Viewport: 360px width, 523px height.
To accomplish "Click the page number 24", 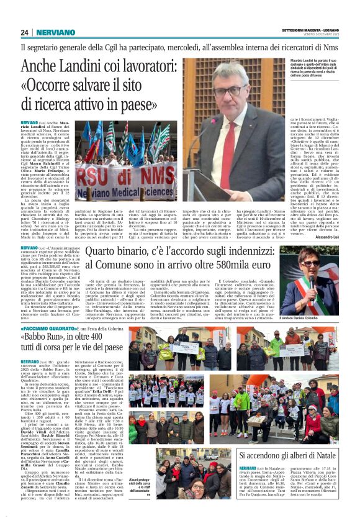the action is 25,32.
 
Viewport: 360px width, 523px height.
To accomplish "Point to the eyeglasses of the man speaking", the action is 230,91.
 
